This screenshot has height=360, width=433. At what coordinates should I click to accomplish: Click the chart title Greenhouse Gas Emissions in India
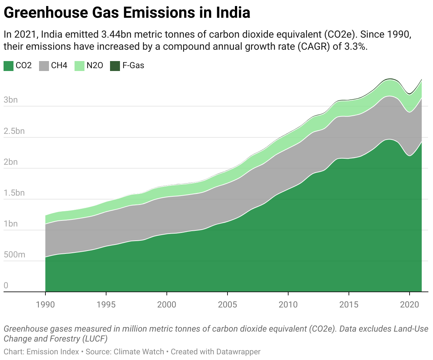[x=127, y=13]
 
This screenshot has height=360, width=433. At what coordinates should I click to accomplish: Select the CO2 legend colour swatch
[x=9, y=66]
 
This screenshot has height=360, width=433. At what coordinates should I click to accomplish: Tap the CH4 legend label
[x=59, y=66]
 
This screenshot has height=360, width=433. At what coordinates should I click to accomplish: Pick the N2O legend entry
[x=95, y=66]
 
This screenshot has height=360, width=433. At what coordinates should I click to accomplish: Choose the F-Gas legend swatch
[x=115, y=66]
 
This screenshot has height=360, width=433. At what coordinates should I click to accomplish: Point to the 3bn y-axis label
[x=11, y=100]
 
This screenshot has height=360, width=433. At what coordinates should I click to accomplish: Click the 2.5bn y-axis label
[x=14, y=131]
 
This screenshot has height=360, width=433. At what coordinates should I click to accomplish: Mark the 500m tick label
[x=15, y=255]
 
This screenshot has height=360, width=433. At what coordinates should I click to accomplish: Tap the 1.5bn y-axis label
[x=14, y=193]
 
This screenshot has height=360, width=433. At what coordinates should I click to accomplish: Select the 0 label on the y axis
[x=6, y=285]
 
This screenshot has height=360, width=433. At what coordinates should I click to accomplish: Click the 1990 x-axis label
[x=45, y=305]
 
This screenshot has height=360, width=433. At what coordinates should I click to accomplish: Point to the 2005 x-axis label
[x=228, y=305]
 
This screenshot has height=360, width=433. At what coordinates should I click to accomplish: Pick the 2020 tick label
[x=410, y=305]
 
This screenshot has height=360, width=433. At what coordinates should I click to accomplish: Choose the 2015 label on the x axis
[x=349, y=305]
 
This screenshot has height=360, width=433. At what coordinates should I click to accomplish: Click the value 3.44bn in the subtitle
[x=116, y=35]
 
